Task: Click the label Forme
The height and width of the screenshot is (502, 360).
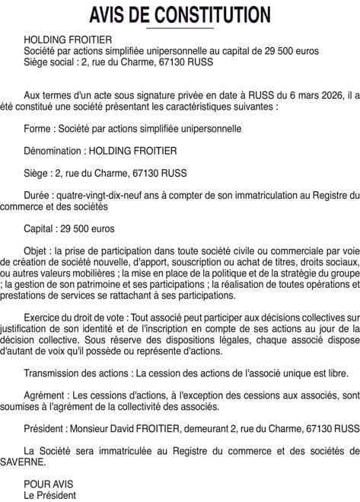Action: point(38,129)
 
